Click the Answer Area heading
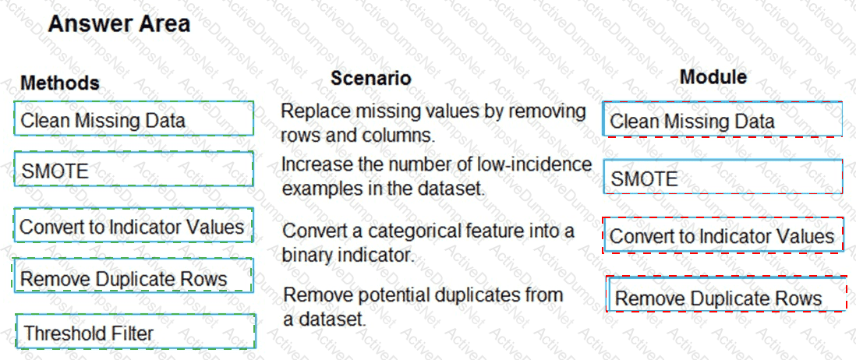tap(119, 24)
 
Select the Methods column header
tap(60, 83)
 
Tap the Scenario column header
tap(370, 79)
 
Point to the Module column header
tap(713, 77)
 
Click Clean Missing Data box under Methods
tap(134, 118)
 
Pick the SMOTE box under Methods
tap(134, 170)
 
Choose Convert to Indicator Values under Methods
tap(134, 224)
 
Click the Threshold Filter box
tap(136, 332)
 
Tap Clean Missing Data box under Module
tap(723, 119)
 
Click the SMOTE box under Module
tap(723, 177)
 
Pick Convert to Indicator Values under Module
tap(723, 235)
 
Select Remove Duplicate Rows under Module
tap(727, 295)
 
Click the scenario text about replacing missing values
tap(433, 123)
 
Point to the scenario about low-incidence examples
tap(437, 176)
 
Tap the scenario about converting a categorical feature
tap(429, 242)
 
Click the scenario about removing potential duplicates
tap(423, 306)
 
